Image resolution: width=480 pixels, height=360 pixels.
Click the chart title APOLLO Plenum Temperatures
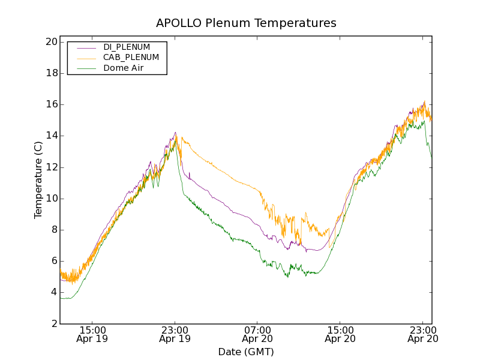(246, 23)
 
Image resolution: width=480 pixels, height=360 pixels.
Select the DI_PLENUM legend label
(127, 47)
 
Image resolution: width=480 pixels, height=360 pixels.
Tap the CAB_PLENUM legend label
(131, 58)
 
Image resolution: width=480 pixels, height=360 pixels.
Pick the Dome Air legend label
(124, 68)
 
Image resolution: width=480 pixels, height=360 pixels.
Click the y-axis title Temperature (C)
(38, 179)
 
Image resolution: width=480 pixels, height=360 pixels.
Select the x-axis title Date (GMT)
(246, 352)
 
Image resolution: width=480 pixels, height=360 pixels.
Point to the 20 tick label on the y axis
(50, 42)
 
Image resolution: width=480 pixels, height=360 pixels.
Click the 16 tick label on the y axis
(50, 104)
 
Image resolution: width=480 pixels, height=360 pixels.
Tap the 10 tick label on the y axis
(50, 199)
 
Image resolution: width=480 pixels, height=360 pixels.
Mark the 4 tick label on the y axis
(53, 292)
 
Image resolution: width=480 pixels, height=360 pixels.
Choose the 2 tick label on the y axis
(53, 323)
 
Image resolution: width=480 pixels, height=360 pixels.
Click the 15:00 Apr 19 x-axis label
(92, 334)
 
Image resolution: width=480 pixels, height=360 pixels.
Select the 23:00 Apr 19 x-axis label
(175, 334)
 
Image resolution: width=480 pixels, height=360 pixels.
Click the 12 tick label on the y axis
(50, 167)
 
